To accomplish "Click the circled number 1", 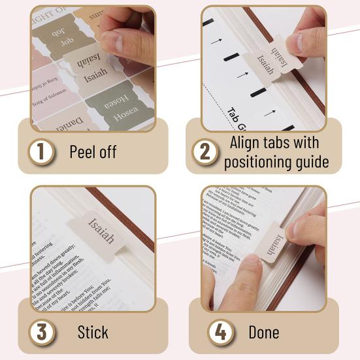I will (42, 152).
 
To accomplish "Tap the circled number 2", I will (205, 152).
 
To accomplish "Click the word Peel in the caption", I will (83, 152).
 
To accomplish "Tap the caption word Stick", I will (93, 331).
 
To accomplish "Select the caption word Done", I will (264, 331).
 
